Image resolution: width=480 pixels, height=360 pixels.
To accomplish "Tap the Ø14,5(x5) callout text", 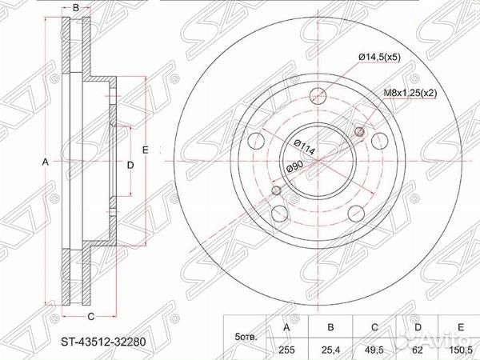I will coord(379,56).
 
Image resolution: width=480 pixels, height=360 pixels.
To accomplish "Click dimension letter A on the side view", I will coord(46,162).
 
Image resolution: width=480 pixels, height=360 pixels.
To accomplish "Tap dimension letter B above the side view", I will coord(75,9).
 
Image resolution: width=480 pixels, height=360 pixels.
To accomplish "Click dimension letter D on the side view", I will coord(130,164).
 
